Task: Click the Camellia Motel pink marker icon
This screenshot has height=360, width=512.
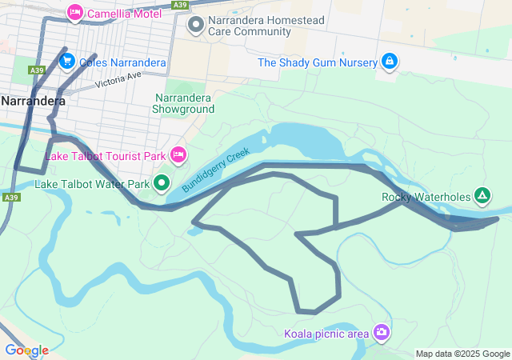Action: coord(76,12)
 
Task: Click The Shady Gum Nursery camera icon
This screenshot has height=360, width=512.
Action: coord(390,61)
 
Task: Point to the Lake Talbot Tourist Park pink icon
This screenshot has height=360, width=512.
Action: coord(178,154)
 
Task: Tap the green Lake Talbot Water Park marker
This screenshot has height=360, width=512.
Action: coord(162,184)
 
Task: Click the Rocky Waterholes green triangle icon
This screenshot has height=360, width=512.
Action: coord(482,195)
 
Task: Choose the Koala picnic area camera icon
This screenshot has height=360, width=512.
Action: coord(382,331)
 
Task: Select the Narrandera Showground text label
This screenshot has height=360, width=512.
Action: coord(184,103)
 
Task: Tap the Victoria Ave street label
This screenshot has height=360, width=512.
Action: coord(117,80)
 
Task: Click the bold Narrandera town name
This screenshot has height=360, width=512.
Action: coord(33,102)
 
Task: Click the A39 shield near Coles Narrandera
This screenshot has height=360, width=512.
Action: coord(37,70)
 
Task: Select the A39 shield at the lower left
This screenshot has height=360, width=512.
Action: coord(10,197)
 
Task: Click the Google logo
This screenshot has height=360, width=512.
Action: coord(26,350)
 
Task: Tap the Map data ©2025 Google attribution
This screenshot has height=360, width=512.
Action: coord(462,354)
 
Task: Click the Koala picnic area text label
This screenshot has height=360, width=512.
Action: coord(326,333)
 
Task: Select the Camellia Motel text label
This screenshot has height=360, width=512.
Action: coord(124,13)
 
